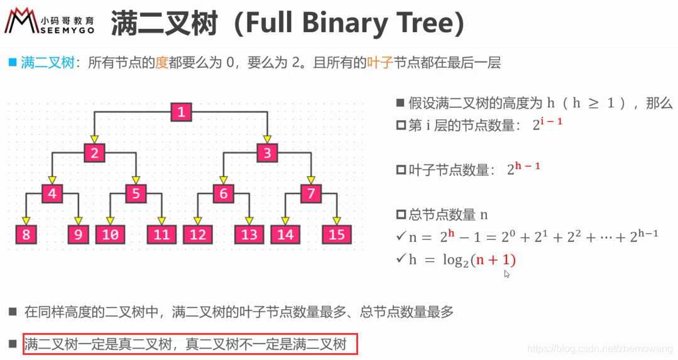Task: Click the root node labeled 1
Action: tap(181, 113)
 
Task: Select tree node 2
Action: tap(94, 153)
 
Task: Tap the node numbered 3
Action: tap(267, 153)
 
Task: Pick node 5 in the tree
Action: tap(136, 194)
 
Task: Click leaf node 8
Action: tap(26, 234)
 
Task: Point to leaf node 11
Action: tap(162, 234)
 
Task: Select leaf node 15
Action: tap(337, 234)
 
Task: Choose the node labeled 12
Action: tap(198, 234)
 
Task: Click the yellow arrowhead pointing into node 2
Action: tap(94, 139)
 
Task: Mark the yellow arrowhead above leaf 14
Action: tap(285, 221)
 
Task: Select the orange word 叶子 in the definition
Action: tap(380, 63)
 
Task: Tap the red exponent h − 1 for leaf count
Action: tap(528, 166)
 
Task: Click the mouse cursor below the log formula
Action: tap(507, 274)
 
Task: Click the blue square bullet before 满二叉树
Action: tap(12, 62)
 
